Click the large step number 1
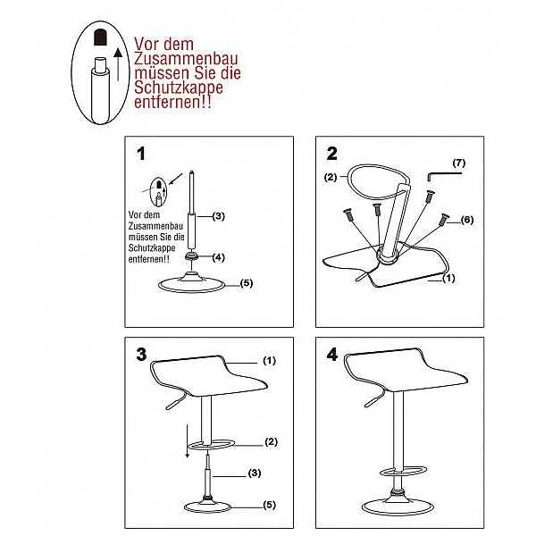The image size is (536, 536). click(x=141, y=154)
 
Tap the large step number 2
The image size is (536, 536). click(x=332, y=154)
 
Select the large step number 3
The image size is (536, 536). click(x=141, y=355)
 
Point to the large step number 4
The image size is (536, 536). click(x=332, y=355)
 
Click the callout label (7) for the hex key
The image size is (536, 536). click(x=459, y=163)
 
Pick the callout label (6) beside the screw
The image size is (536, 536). click(x=467, y=220)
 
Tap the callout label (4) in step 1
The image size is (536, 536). click(x=219, y=257)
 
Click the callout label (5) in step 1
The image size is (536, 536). click(x=247, y=283)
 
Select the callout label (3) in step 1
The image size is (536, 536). click(x=219, y=216)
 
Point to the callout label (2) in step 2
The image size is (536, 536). click(x=331, y=177)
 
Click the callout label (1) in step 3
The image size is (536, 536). click(x=269, y=361)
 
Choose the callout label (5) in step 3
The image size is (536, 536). click(x=269, y=505)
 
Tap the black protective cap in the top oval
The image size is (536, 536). click(x=100, y=37)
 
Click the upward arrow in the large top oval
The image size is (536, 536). click(x=118, y=64)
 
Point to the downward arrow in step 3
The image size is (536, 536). click(x=187, y=440)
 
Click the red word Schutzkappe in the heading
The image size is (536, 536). click(x=179, y=88)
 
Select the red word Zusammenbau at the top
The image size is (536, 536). click(x=186, y=59)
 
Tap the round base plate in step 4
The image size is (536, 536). click(x=398, y=513)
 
